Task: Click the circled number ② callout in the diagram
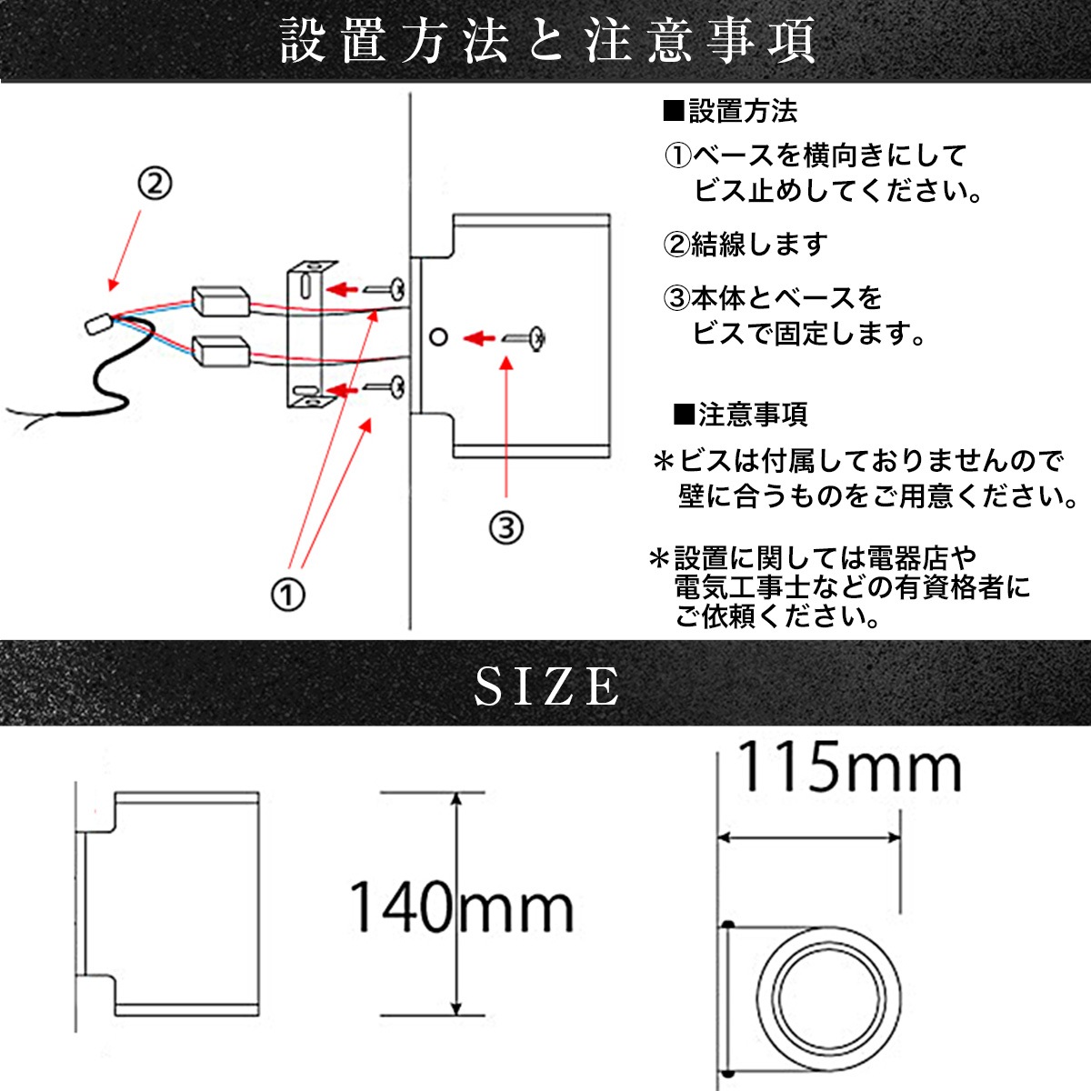[x=155, y=185]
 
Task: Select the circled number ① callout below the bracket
[x=288, y=596]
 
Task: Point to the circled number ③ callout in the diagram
[x=506, y=526]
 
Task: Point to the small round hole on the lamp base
[x=438, y=337]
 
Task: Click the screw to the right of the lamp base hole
[x=525, y=338]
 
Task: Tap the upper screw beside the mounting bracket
[x=383, y=289]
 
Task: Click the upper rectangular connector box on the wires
[x=219, y=301]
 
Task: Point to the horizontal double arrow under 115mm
[x=809, y=837]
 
